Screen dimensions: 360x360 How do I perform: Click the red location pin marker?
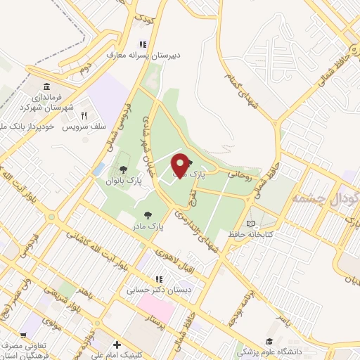tap(180, 166)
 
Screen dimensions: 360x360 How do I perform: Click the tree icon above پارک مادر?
tap(147, 215)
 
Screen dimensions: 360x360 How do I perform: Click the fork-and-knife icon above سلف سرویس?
tap(84, 116)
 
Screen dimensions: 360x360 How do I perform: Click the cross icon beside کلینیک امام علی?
tap(117, 345)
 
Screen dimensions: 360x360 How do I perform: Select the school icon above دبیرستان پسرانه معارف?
tap(143, 44)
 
